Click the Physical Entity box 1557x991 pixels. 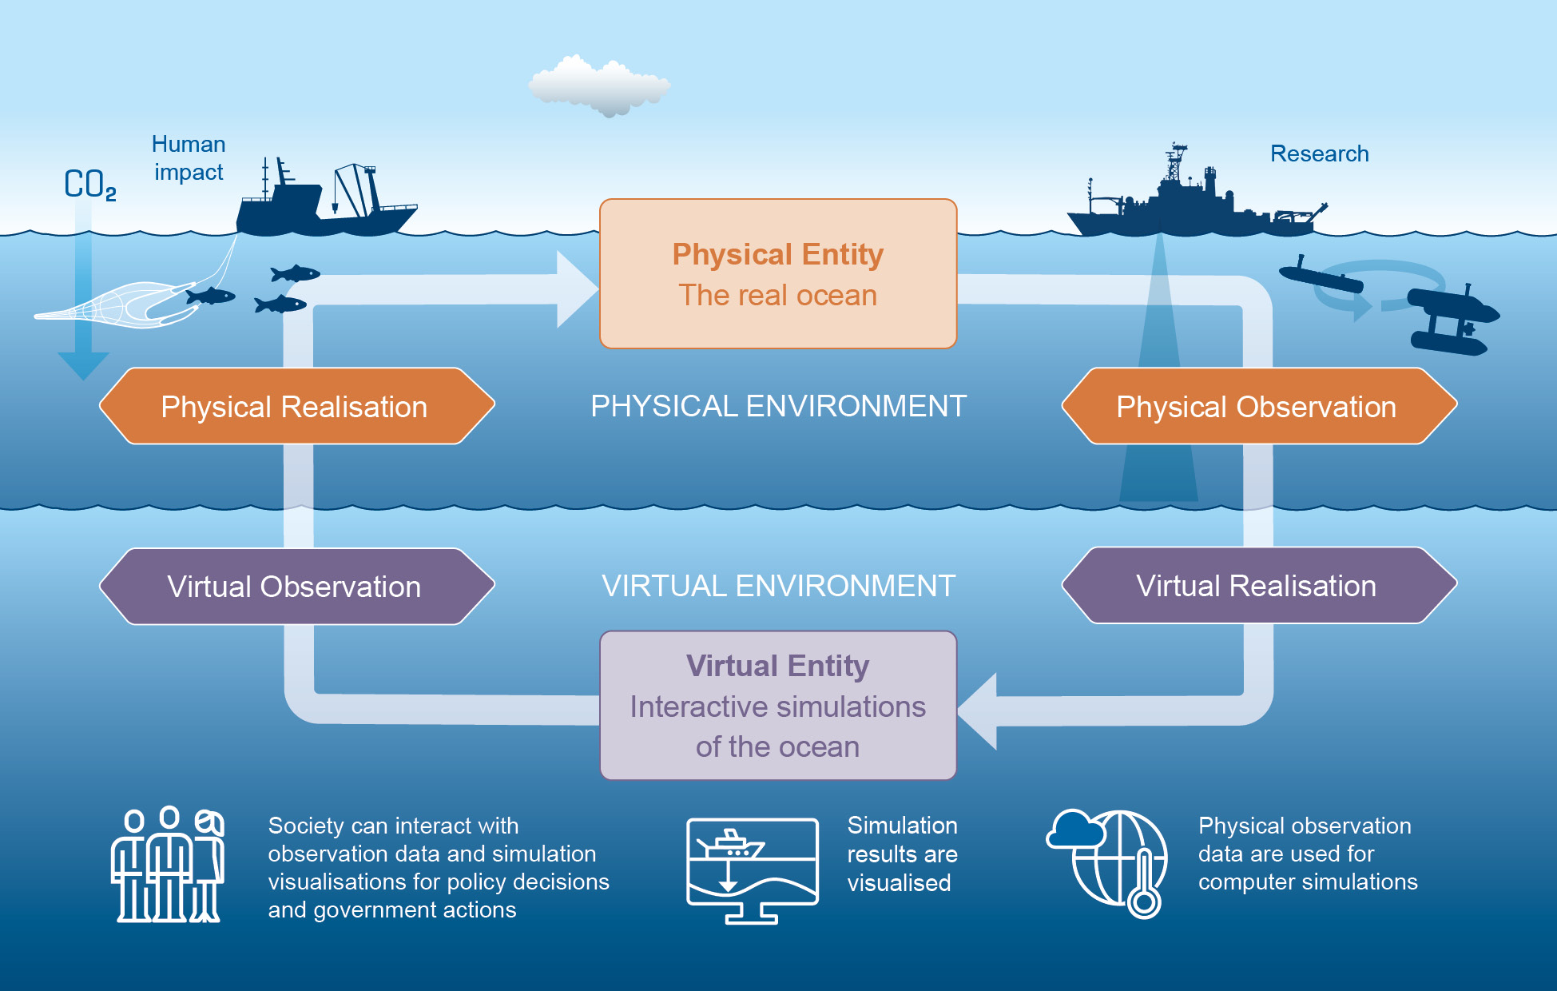[x=777, y=273]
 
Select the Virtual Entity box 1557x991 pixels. [x=777, y=705]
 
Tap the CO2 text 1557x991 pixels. [x=89, y=185]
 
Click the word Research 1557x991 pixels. [x=1319, y=153]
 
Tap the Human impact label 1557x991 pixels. [x=189, y=158]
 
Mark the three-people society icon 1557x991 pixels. [x=168, y=865]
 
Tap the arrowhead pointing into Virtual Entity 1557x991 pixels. [x=978, y=710]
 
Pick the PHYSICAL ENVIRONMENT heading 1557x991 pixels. [x=778, y=406]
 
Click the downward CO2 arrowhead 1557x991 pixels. [x=83, y=365]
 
